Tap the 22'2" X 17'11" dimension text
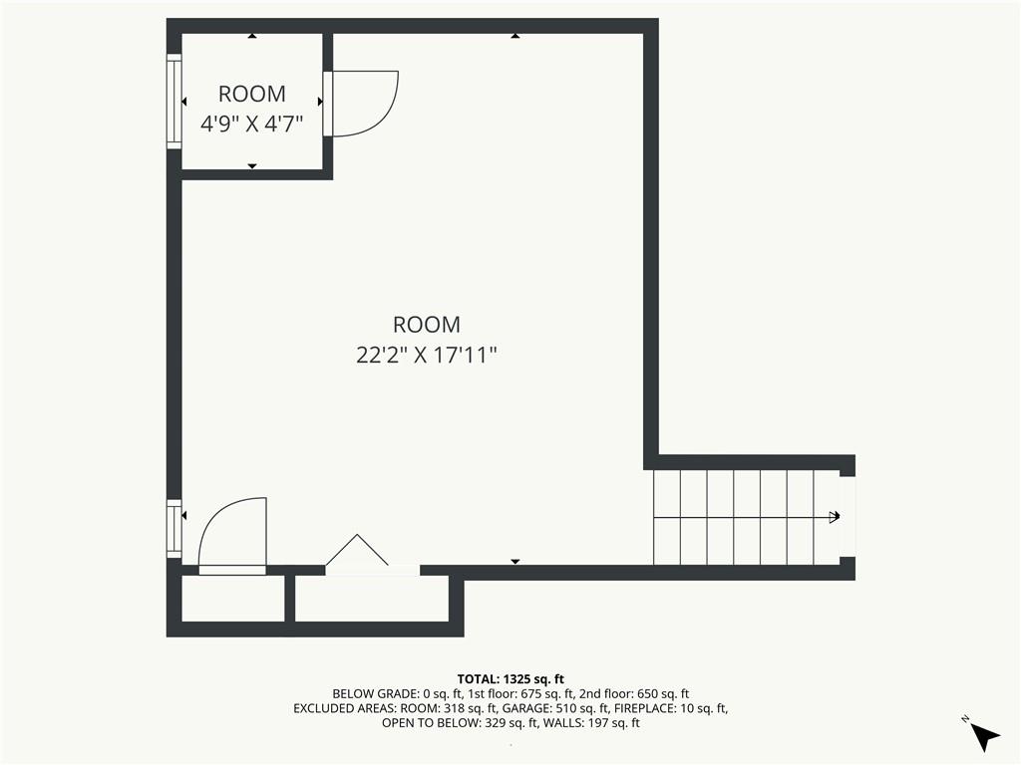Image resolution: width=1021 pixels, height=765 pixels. point(426,355)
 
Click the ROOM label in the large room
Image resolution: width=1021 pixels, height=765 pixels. point(426,324)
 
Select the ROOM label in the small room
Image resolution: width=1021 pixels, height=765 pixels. point(251,94)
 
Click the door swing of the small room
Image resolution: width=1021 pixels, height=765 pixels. point(365,103)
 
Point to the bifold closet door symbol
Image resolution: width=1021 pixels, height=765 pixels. point(357,553)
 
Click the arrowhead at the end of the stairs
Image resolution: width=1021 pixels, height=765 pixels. point(834,516)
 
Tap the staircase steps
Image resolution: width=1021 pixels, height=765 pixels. point(743,516)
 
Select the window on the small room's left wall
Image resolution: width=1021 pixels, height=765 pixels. point(173,102)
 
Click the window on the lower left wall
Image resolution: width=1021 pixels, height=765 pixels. point(173,528)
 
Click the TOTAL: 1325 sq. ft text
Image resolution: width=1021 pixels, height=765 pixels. point(510,678)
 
